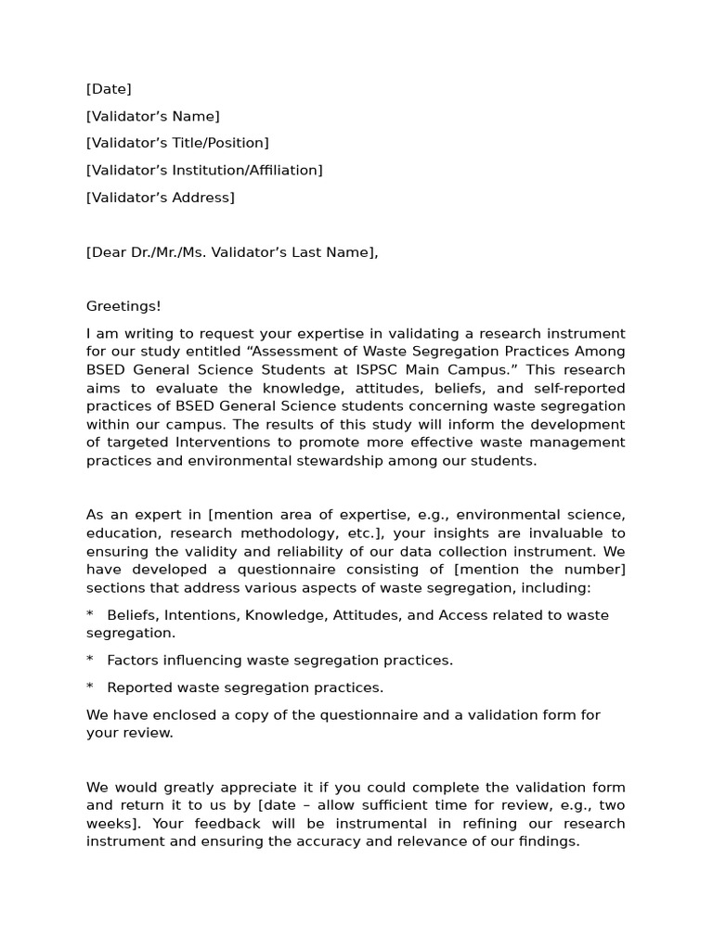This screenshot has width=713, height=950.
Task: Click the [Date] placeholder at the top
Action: (x=109, y=89)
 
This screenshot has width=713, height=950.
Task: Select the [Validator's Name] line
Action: (x=153, y=116)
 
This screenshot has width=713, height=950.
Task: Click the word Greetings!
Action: (x=123, y=306)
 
